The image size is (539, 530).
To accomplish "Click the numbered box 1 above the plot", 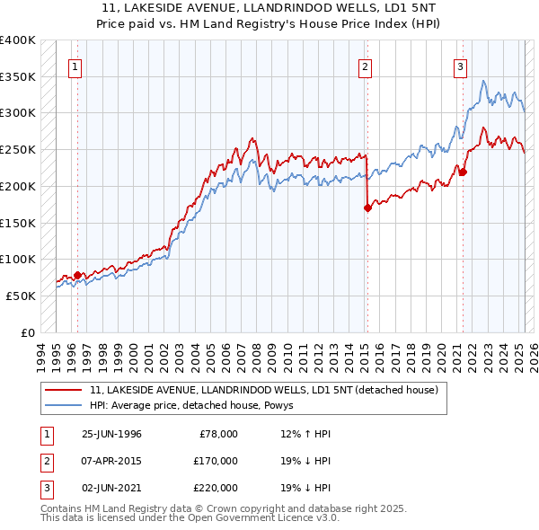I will tap(77, 66).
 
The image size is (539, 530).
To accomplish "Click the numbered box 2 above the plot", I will tap(366, 66).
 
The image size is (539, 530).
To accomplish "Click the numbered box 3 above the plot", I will tap(460, 66).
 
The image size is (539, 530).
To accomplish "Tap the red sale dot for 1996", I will tap(77, 275).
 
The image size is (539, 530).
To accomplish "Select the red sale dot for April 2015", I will tap(367, 208).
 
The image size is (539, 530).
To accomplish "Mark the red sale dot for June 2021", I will tap(463, 172).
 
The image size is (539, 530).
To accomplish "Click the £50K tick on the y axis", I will tap(22, 296).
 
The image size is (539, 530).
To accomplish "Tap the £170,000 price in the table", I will tap(215, 461).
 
